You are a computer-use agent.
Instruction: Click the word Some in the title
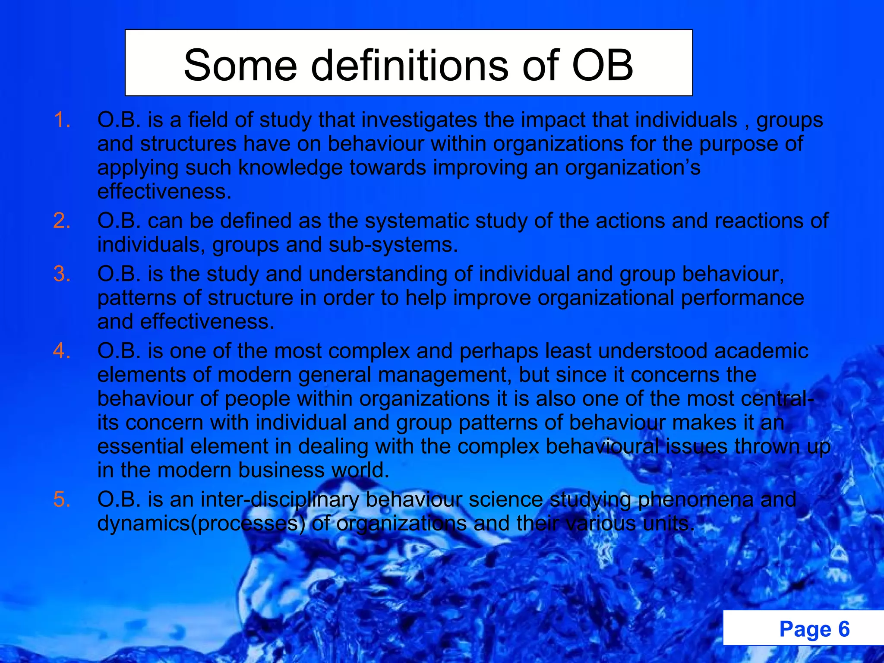tap(240, 66)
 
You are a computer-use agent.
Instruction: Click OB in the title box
tap(603, 66)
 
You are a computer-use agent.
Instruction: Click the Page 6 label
tap(814, 629)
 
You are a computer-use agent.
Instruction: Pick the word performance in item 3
tap(742, 298)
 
